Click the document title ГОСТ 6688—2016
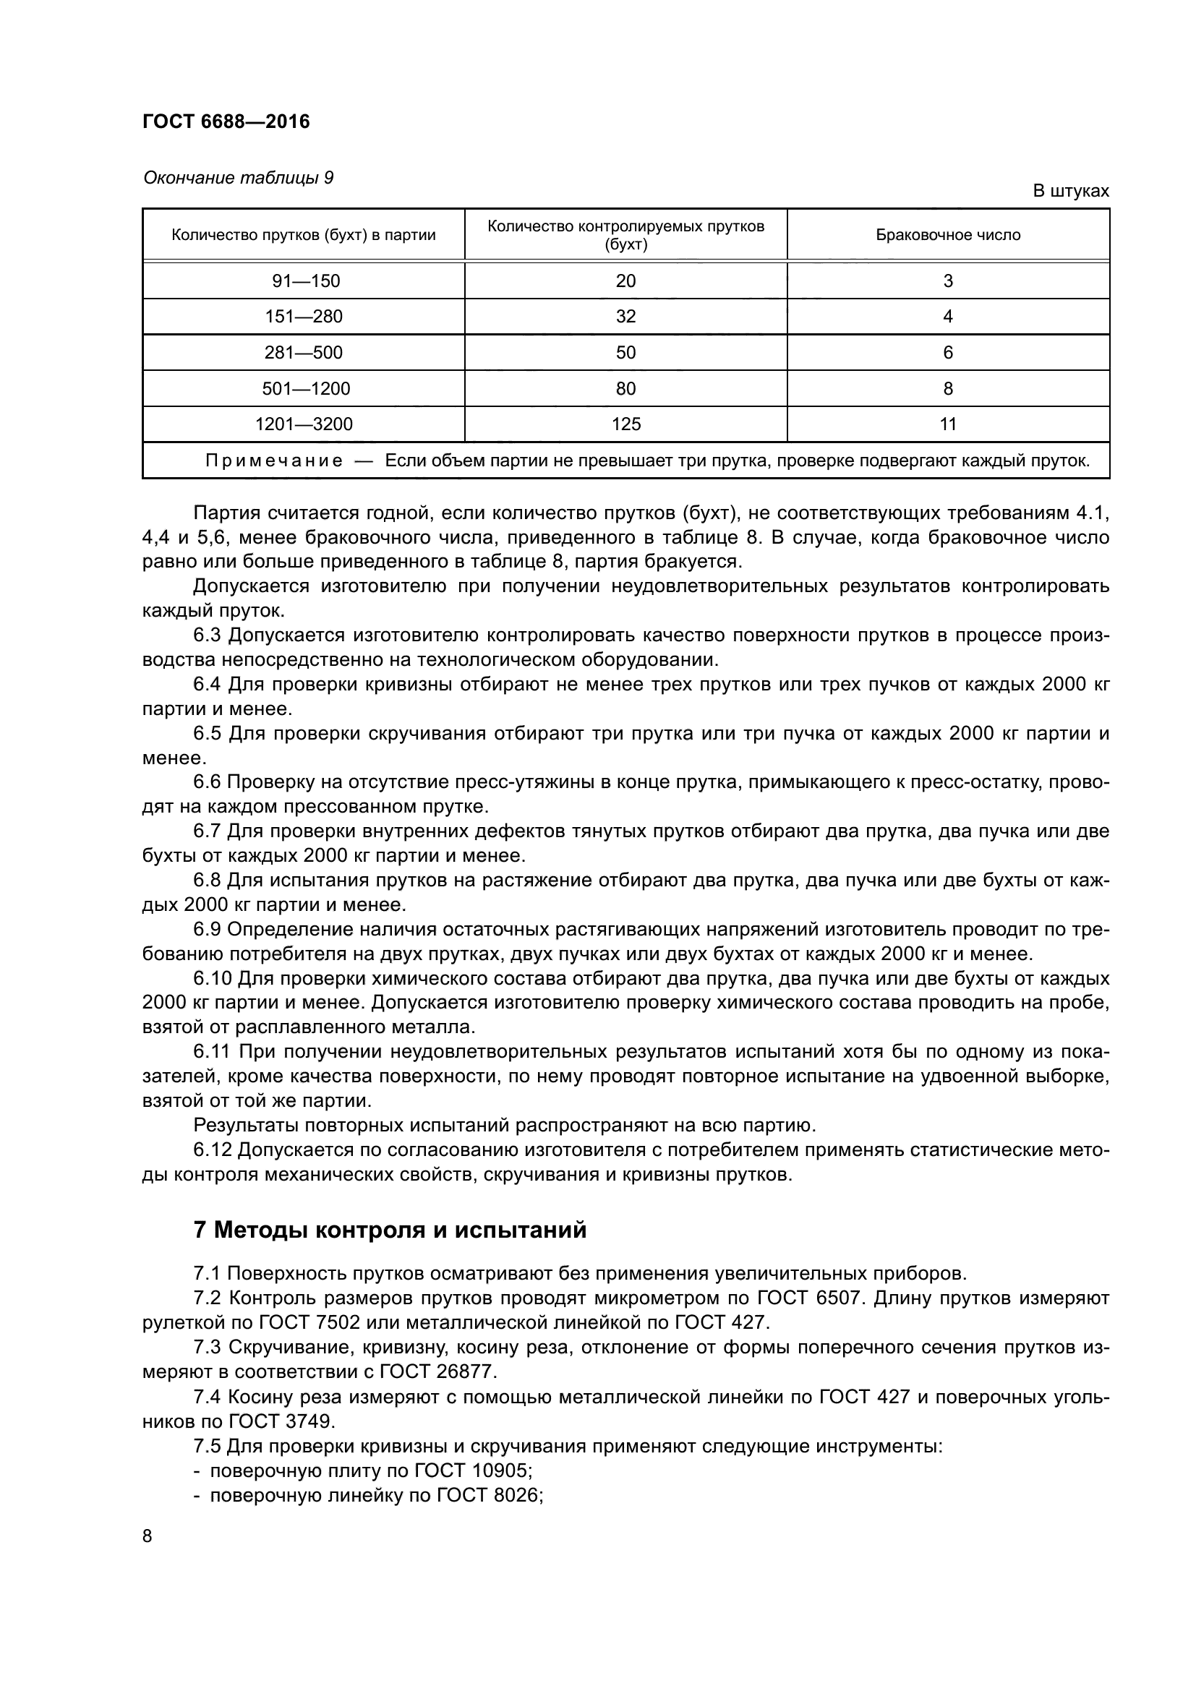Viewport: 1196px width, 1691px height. [x=226, y=121]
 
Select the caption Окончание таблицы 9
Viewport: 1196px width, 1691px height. [x=238, y=179]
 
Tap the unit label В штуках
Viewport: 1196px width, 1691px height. [x=1070, y=192]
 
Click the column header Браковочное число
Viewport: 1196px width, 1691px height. [x=948, y=235]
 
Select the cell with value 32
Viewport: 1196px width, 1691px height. [x=625, y=317]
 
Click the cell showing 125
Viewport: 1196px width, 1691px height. [x=625, y=424]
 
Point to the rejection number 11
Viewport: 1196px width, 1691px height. [x=948, y=424]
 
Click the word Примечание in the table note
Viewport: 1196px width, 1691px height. [x=274, y=461]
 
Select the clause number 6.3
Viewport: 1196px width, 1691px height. [x=208, y=635]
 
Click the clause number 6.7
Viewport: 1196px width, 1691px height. [x=208, y=831]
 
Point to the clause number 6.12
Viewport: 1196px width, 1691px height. [x=213, y=1150]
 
